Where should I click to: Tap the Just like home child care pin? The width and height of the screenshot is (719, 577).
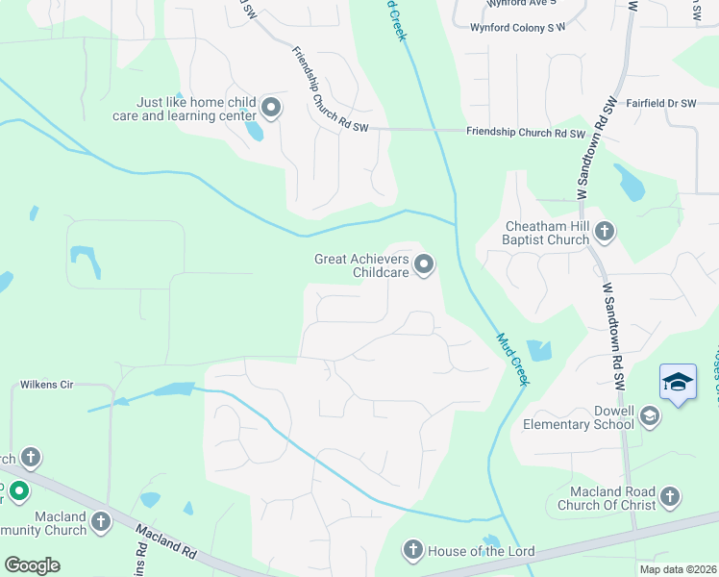pyautogui.click(x=271, y=108)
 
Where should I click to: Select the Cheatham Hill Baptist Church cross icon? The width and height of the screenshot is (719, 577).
pyautogui.click(x=605, y=231)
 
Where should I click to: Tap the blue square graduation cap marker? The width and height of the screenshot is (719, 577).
pyautogui.click(x=678, y=382)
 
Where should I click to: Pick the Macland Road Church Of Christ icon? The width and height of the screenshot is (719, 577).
pyautogui.click(x=670, y=497)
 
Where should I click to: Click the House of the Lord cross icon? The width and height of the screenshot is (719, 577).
pyautogui.click(x=413, y=550)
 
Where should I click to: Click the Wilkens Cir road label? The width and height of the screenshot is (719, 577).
pyautogui.click(x=47, y=385)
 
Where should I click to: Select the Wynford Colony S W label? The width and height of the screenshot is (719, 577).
pyautogui.click(x=517, y=28)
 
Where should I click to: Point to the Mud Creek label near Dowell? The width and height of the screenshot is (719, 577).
pyautogui.click(x=513, y=359)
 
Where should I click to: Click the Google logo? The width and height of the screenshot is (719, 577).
pyautogui.click(x=32, y=564)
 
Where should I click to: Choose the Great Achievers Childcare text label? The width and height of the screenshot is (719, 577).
pyautogui.click(x=362, y=265)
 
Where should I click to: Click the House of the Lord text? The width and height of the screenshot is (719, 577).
pyautogui.click(x=481, y=551)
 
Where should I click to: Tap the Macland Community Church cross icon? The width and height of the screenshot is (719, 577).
pyautogui.click(x=100, y=520)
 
